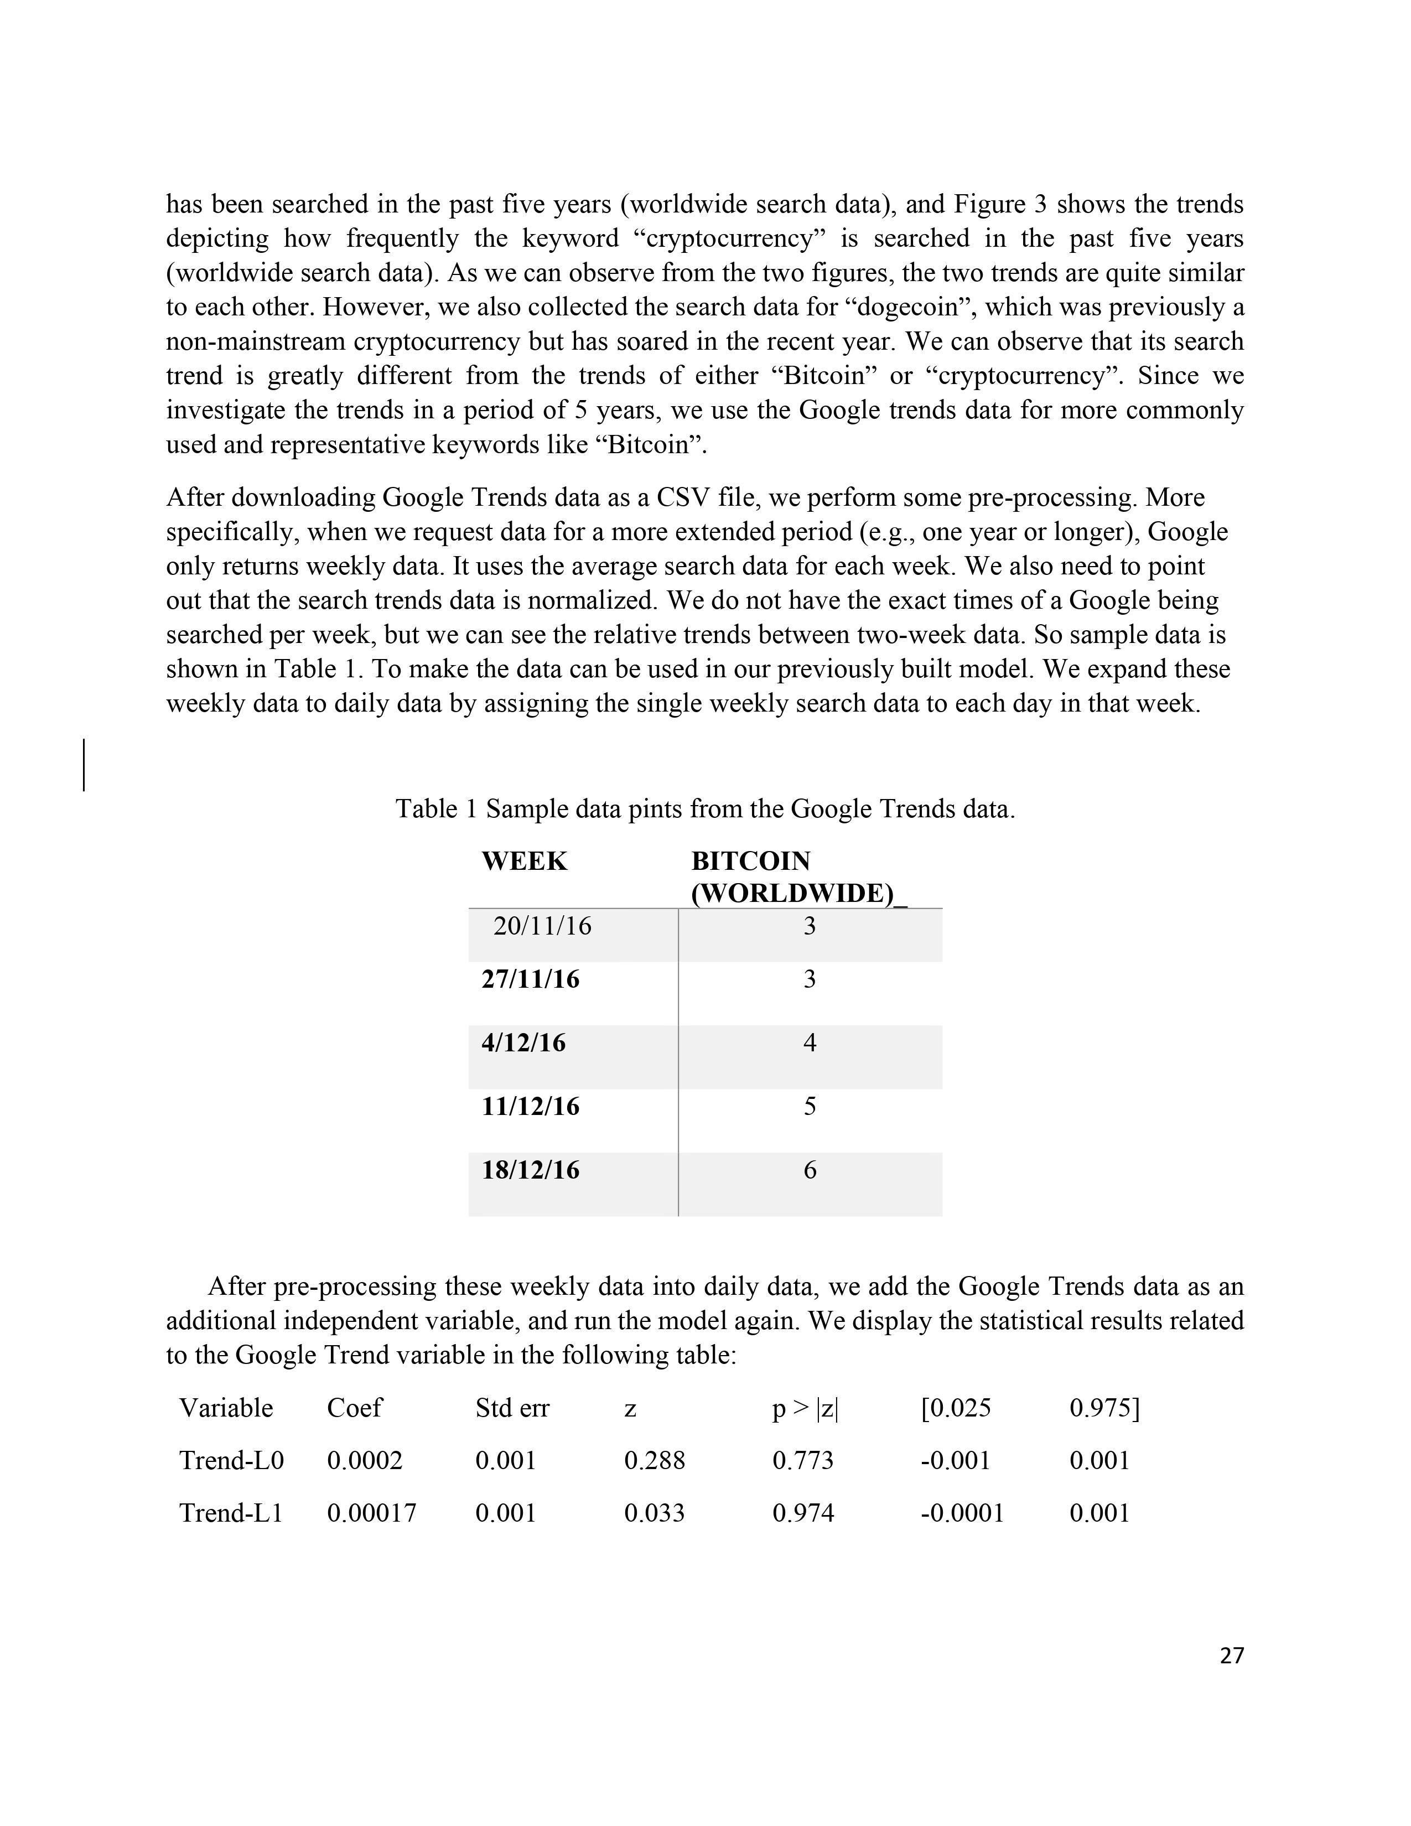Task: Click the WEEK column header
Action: [x=524, y=860]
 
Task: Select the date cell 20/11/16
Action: [x=542, y=926]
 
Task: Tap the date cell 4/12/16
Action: [x=523, y=1042]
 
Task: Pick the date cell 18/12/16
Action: [x=530, y=1170]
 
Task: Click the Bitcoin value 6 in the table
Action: [x=809, y=1170]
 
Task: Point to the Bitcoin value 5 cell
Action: [x=809, y=1106]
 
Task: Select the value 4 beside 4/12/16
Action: [x=809, y=1042]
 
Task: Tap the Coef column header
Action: [x=354, y=1408]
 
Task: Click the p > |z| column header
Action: [x=804, y=1409]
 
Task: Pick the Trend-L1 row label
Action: [x=231, y=1512]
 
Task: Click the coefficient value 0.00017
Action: [x=371, y=1512]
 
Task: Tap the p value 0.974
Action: [x=802, y=1512]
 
